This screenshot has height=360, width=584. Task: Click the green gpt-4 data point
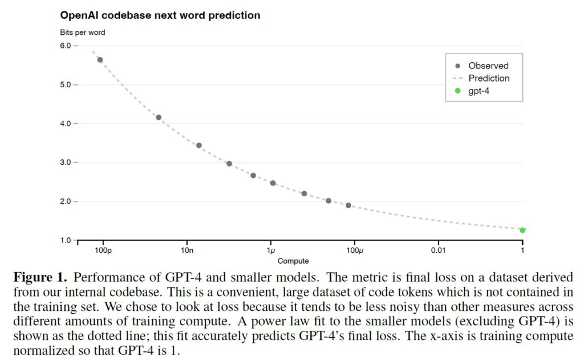point(522,230)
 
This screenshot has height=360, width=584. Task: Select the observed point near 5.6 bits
point(100,60)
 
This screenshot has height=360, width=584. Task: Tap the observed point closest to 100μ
point(348,205)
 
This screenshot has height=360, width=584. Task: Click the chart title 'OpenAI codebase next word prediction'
point(160,15)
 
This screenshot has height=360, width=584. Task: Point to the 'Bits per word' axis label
point(83,33)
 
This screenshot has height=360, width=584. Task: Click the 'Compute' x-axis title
point(293,261)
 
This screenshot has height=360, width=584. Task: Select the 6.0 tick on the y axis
point(66,46)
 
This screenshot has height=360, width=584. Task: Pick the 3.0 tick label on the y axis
point(66,163)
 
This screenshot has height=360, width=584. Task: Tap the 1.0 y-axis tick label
point(66,240)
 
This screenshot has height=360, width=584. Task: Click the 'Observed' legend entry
point(488,66)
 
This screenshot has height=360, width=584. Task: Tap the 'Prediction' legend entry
point(489,78)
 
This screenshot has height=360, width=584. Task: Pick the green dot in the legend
point(457,91)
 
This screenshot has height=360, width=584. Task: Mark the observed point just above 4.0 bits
point(159,118)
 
